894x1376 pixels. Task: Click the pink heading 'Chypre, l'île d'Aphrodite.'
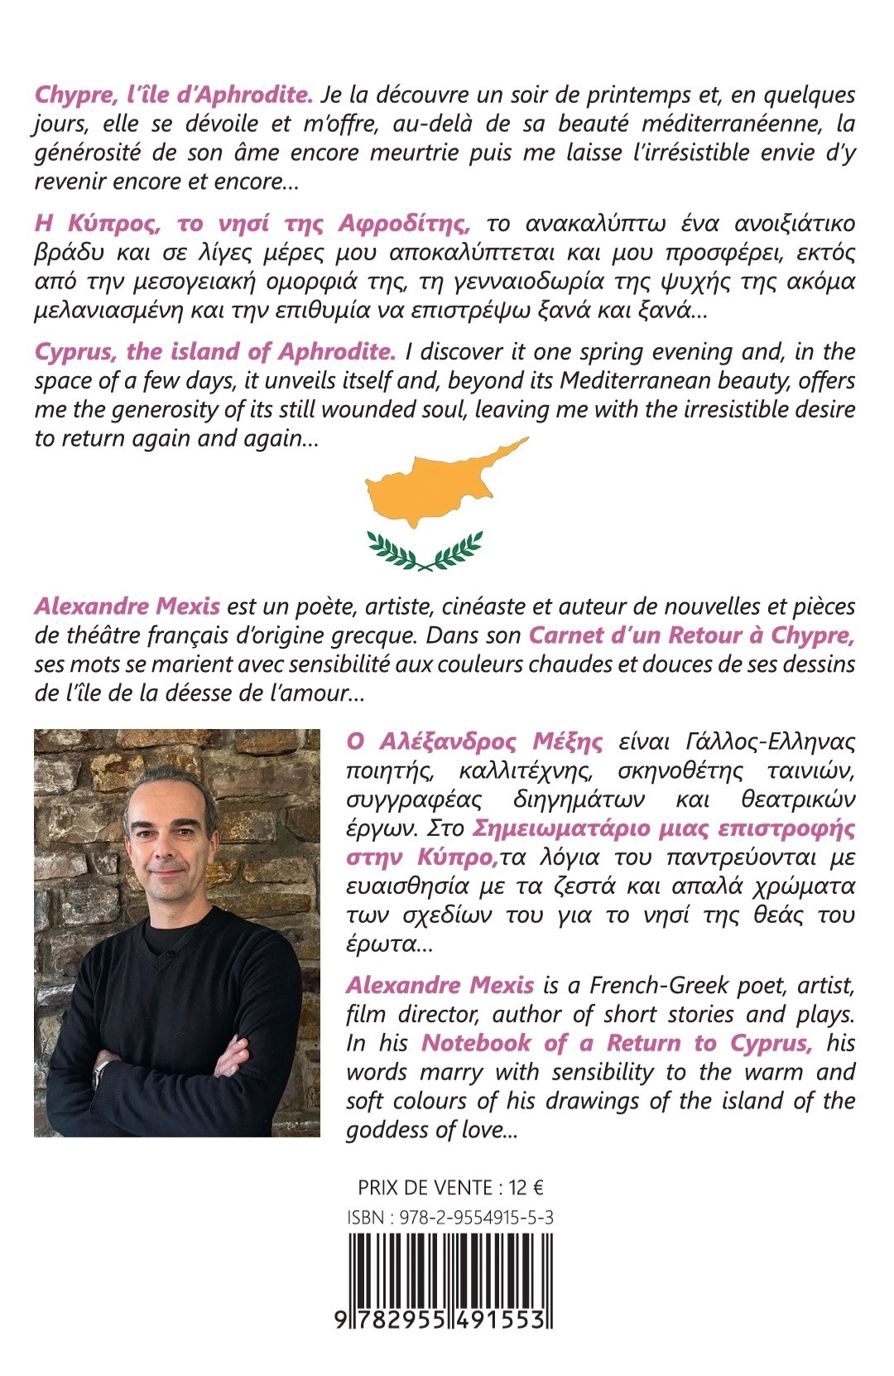[174, 95]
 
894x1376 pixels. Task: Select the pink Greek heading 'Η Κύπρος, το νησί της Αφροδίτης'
[253, 224]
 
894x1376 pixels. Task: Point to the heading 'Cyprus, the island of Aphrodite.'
[215, 351]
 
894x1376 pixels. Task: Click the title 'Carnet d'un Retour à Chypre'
[691, 635]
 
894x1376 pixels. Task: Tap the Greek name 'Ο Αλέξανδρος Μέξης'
[474, 741]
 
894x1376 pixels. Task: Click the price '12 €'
[526, 1188]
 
